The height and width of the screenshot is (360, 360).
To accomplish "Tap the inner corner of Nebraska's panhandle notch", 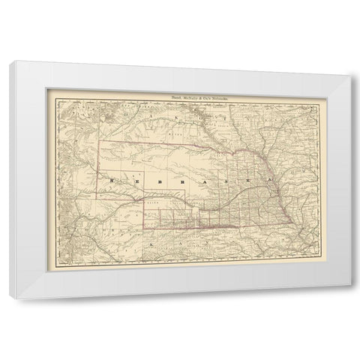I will click(144, 200).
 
